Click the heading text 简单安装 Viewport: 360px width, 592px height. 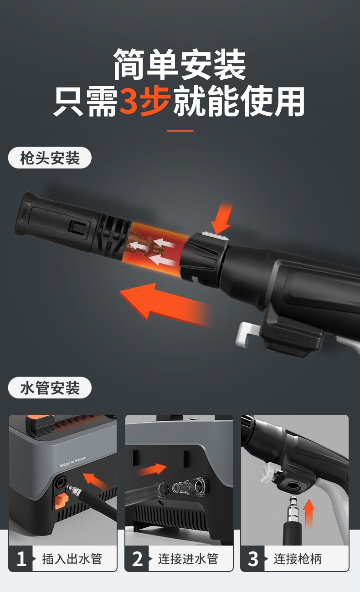pyautogui.click(x=180, y=65)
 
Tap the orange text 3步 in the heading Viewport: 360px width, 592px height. pyautogui.click(x=144, y=102)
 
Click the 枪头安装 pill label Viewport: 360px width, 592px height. pyautogui.click(x=50, y=158)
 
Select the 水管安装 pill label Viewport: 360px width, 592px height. pyautogui.click(x=50, y=388)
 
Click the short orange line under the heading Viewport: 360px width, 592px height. pyautogui.click(x=180, y=131)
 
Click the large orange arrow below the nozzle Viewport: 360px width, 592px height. pyautogui.click(x=165, y=304)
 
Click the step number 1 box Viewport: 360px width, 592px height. pyautogui.click(x=21, y=559)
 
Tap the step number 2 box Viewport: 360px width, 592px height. pyautogui.click(x=137, y=559)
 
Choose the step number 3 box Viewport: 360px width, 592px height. pyautogui.click(x=252, y=559)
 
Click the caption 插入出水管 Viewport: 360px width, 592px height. pyautogui.click(x=72, y=559)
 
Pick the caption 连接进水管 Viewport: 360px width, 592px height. pyautogui.click(x=188, y=559)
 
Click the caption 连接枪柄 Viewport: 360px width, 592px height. pyautogui.click(x=298, y=559)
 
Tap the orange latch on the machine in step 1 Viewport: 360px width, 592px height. pyautogui.click(x=62, y=500)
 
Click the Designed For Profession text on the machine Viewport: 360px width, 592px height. pyautogui.click(x=73, y=462)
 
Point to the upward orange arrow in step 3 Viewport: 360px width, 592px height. pyautogui.click(x=309, y=513)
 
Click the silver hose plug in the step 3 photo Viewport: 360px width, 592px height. pyautogui.click(x=293, y=509)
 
